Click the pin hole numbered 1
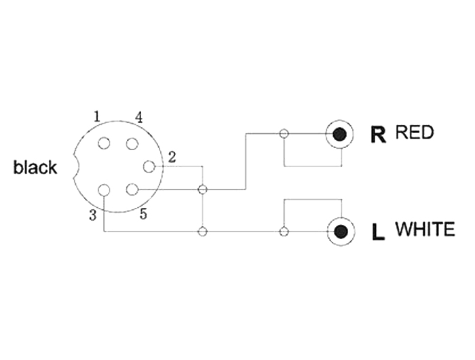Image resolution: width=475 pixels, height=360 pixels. pyautogui.click(x=104, y=143)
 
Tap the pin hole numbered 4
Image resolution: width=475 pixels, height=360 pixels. pyautogui.click(x=132, y=143)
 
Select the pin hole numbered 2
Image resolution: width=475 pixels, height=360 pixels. pyautogui.click(x=149, y=166)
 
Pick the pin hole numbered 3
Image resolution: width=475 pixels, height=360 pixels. pyautogui.click(x=104, y=190)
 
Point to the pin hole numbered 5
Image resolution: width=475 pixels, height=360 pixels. pyautogui.click(x=132, y=190)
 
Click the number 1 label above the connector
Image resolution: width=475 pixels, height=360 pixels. pyautogui.click(x=97, y=116)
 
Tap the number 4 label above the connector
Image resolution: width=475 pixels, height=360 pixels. pyautogui.click(x=138, y=117)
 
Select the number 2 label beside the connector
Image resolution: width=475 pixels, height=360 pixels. pyautogui.click(x=172, y=158)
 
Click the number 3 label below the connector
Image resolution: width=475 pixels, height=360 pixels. pyautogui.click(x=93, y=215)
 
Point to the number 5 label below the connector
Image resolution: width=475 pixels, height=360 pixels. pyautogui.click(x=143, y=214)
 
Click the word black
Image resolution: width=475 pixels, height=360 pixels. pyautogui.click(x=35, y=167)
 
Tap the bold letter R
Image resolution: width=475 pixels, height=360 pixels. pyautogui.click(x=379, y=134)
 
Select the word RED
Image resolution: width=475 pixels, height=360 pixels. pyautogui.click(x=415, y=132)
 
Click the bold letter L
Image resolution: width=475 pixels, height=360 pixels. pyautogui.click(x=378, y=232)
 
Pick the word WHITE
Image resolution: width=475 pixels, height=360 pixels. pyautogui.click(x=425, y=229)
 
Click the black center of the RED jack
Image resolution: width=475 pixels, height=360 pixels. pyautogui.click(x=339, y=134)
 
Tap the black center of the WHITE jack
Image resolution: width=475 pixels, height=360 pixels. pyautogui.click(x=341, y=232)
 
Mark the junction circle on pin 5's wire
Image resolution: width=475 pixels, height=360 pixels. pyautogui.click(x=202, y=190)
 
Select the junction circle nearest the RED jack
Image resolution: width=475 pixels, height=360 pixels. pyautogui.click(x=284, y=133)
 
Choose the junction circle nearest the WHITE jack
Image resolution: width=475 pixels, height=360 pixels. pyautogui.click(x=284, y=232)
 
